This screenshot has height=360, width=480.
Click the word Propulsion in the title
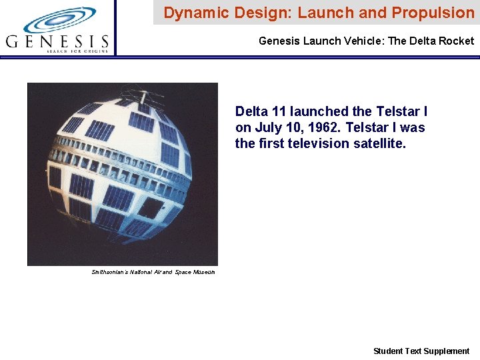[433, 13]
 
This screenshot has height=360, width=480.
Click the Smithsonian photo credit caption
[153, 272]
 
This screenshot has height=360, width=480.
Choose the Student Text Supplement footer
[421, 351]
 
